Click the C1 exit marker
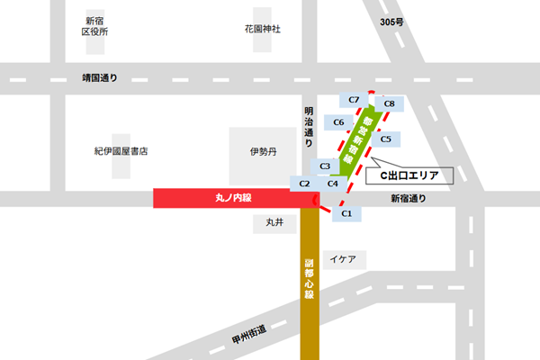[346, 214]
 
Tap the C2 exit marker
[304, 184]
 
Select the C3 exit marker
[325, 166]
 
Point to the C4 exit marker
[333, 184]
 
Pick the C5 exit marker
[385, 139]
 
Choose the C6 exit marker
[339, 122]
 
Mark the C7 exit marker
[354, 99]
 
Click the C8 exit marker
[389, 104]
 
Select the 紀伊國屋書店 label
[121, 151]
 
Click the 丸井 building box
[274, 221]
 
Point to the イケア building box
[343, 259]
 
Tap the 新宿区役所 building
[95, 27]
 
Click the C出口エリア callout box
[409, 175]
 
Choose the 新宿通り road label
[409, 199]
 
